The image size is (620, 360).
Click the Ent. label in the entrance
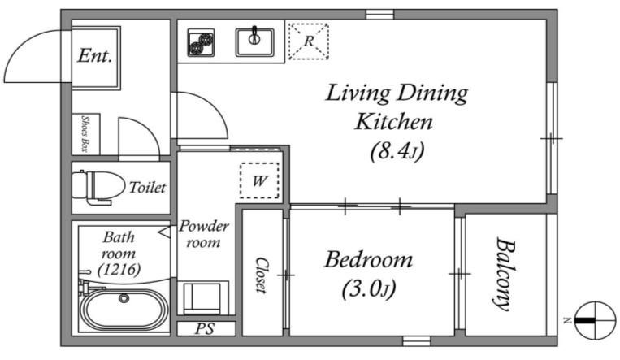point(94,55)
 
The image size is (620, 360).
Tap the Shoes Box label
point(85,133)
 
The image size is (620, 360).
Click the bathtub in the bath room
point(124,310)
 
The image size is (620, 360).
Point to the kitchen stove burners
point(201,42)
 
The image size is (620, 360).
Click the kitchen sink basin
point(254,41)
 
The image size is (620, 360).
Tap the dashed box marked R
point(309,41)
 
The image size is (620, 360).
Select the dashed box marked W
point(259,180)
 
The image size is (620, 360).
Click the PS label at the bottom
point(205,329)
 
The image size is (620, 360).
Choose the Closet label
point(261,275)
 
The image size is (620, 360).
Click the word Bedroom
point(369,260)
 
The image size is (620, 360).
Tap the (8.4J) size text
point(397,150)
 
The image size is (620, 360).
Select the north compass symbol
point(595,320)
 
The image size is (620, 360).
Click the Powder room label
point(204,234)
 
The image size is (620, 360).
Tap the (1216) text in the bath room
point(119,270)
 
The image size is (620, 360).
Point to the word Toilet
point(148,187)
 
